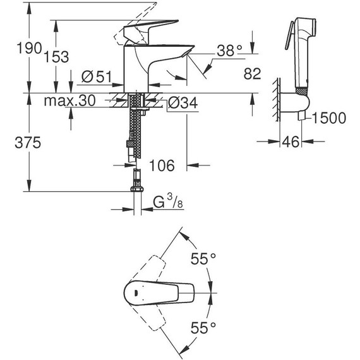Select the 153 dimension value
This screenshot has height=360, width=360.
[x=56, y=56]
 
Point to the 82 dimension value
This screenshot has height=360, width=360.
[x=253, y=75]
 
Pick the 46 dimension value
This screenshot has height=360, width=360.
[x=290, y=143]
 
